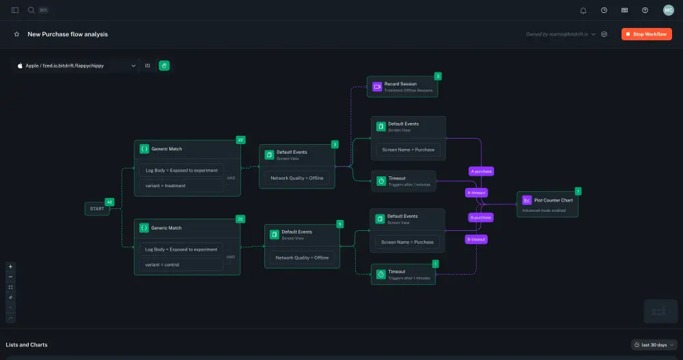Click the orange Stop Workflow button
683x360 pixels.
tap(646, 34)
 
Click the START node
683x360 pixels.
tap(97, 208)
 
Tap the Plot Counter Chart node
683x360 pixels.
tap(548, 204)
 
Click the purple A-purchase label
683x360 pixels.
tap(481, 171)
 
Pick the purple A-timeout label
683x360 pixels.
tap(476, 193)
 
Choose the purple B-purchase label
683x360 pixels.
tap(481, 217)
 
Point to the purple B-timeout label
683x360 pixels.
tap(476, 239)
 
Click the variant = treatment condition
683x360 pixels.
tap(181, 185)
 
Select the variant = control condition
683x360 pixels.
tap(181, 264)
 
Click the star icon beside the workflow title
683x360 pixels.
tap(16, 34)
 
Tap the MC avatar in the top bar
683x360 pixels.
tap(668, 10)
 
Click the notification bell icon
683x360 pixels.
tap(583, 10)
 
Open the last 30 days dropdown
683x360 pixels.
tap(654, 345)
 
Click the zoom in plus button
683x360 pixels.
tap(10, 266)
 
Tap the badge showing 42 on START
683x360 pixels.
tap(109, 202)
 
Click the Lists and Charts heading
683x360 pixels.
tap(27, 345)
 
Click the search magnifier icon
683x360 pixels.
tap(31, 10)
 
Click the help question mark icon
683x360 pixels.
tap(645, 10)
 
